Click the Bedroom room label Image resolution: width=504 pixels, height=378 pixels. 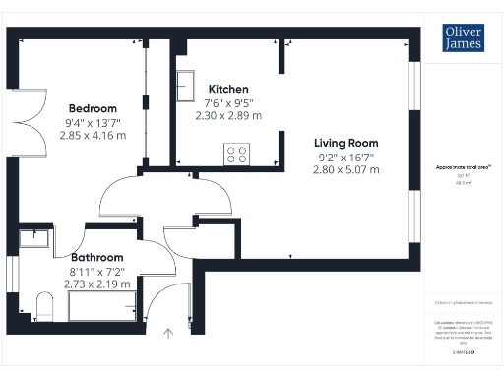pos(93,108)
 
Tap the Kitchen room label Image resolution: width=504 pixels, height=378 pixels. pos(226,89)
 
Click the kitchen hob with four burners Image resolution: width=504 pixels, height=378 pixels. pos(237,154)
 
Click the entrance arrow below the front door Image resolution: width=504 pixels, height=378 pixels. pos(168,334)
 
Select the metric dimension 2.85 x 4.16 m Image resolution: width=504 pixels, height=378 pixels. pos(95,136)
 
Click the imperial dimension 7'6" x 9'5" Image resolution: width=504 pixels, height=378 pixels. pos(228,102)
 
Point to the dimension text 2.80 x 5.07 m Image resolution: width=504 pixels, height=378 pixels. pos(346,169)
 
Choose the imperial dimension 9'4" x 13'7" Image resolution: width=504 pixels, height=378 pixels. pos(95,123)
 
